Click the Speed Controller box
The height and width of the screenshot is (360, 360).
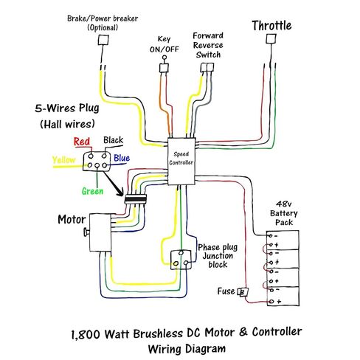tap(181, 161)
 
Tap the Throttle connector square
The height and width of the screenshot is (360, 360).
tap(271, 38)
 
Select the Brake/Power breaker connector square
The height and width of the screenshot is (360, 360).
tap(103, 40)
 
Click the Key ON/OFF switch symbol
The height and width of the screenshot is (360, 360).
tap(164, 66)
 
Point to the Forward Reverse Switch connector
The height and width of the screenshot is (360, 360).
tap(207, 67)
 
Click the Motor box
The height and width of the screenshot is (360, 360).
tap(100, 232)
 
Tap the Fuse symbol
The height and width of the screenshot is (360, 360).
tap(243, 292)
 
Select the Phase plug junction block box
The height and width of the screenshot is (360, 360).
tap(181, 260)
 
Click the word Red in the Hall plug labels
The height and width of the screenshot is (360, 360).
tap(82, 142)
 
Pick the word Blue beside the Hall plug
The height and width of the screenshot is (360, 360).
tap(122, 158)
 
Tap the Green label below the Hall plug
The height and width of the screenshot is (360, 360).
tap(92, 191)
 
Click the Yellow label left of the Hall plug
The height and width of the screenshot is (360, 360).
tap(63, 160)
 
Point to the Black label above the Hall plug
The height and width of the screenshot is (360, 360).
tap(113, 140)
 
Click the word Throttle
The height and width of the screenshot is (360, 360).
tap(271, 26)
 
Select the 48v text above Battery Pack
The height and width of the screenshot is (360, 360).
tap(283, 204)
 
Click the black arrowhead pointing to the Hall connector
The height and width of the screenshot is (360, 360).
tap(120, 192)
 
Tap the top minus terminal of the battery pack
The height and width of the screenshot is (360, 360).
tap(271, 236)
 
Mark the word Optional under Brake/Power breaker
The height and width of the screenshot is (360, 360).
tap(103, 27)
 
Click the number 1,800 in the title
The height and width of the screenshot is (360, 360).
tap(86, 334)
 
